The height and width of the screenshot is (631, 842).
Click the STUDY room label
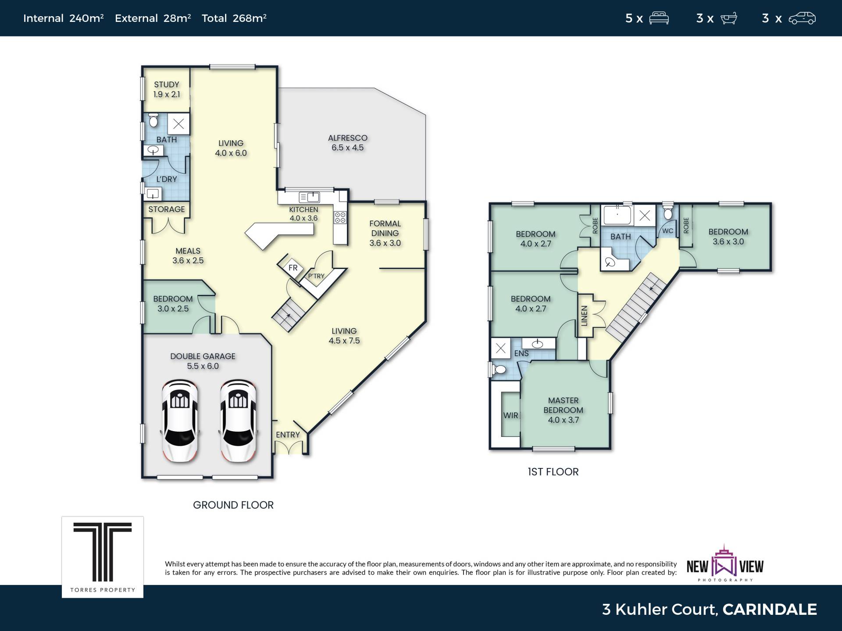point(167,85)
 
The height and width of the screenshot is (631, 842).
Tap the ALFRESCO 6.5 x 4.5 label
point(348,143)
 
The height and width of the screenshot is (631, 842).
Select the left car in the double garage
point(180,421)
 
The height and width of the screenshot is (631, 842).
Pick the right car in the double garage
point(239,421)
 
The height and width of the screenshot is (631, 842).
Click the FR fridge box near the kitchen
point(293,268)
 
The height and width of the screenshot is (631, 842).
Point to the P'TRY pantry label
point(316,276)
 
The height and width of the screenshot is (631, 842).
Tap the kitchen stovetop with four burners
point(340,217)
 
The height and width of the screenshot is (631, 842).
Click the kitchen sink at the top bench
point(310,197)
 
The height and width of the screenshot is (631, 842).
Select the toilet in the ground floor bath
point(153,120)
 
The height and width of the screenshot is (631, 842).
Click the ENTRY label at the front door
point(288,435)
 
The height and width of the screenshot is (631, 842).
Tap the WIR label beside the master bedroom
point(510,415)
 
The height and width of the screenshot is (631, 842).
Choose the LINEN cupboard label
point(584,315)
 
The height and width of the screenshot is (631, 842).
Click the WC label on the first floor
point(667,231)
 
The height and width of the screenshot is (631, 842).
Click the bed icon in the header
point(659,18)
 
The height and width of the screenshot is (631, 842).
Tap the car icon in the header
point(802,18)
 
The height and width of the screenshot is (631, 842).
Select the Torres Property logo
point(103,557)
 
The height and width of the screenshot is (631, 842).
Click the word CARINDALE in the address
point(770,610)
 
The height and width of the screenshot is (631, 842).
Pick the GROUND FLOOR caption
point(233,505)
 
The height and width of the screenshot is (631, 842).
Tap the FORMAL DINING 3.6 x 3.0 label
point(385,233)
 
